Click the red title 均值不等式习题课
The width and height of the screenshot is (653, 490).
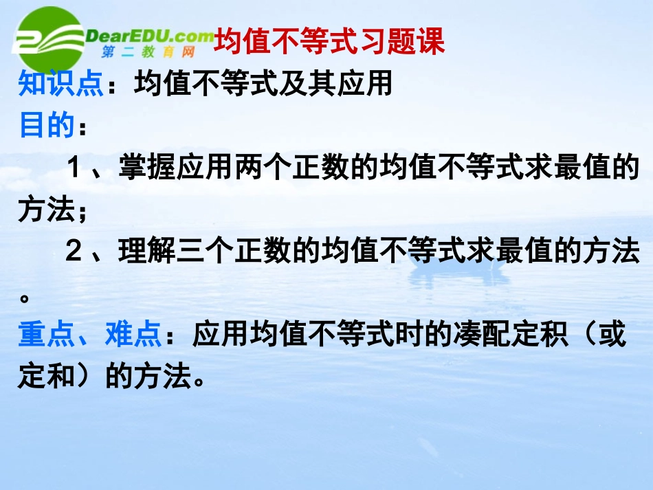pos(329,42)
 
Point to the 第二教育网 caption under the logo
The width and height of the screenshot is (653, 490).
pos(148,52)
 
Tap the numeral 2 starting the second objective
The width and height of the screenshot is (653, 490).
pos(74,252)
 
